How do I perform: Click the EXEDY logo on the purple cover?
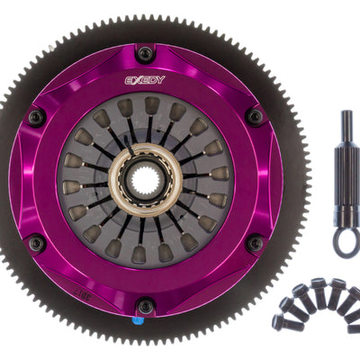(145, 80)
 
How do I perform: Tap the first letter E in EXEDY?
(129, 80)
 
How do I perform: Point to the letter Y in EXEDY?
(161, 80)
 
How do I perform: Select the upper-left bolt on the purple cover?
(36, 117)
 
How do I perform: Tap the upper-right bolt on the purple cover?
(255, 117)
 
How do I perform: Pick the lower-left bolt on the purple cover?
(36, 244)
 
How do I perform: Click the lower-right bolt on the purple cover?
(255, 244)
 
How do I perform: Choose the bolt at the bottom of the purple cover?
(145, 306)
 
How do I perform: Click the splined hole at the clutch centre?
(145, 181)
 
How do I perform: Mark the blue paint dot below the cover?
(135, 320)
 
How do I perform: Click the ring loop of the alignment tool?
(346, 240)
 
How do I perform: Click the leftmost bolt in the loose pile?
(280, 320)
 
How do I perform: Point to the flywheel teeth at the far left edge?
(4, 181)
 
